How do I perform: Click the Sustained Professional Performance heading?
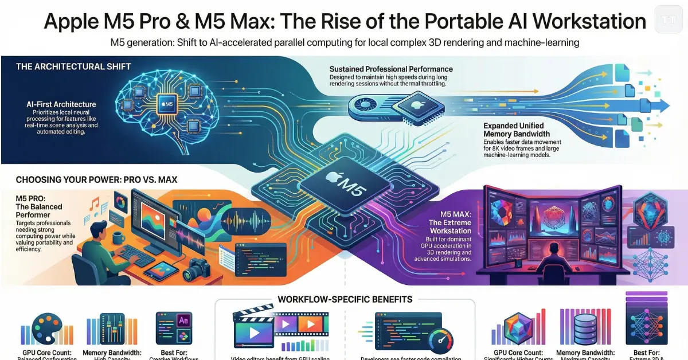click(x=390, y=69)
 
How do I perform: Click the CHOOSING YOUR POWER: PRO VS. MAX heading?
click(x=96, y=180)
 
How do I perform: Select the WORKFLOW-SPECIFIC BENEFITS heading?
click(x=345, y=299)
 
